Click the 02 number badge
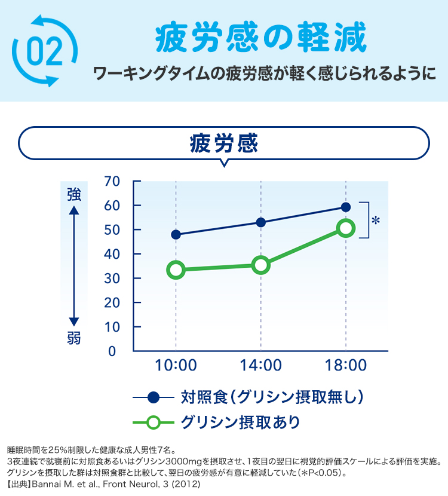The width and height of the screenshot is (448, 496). [x=44, y=51]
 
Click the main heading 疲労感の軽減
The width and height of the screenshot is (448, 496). [x=260, y=39]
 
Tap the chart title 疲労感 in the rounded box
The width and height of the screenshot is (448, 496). [x=223, y=143]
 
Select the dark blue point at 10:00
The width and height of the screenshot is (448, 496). [x=176, y=235]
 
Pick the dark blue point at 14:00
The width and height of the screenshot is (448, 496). [x=261, y=222]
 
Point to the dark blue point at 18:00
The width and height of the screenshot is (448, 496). [x=346, y=207]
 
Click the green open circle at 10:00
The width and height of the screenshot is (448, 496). [x=176, y=270]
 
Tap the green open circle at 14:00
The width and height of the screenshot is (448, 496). [x=261, y=265]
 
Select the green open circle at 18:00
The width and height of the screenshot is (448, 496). [x=346, y=228]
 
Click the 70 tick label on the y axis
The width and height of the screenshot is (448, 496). [x=112, y=181]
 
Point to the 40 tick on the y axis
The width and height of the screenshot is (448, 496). [x=112, y=254]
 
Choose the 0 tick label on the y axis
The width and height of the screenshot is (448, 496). [x=112, y=351]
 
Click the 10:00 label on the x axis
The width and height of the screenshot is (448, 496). [x=176, y=365]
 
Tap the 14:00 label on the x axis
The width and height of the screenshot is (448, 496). [x=261, y=365]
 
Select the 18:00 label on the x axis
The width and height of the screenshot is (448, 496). [x=346, y=365]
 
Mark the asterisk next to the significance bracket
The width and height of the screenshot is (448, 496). [x=376, y=221]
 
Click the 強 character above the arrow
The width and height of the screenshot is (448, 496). [x=74, y=194]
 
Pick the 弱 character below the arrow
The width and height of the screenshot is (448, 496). [x=74, y=338]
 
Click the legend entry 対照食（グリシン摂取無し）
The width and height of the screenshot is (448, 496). [x=272, y=396]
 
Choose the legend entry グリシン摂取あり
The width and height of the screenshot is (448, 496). [x=240, y=422]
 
